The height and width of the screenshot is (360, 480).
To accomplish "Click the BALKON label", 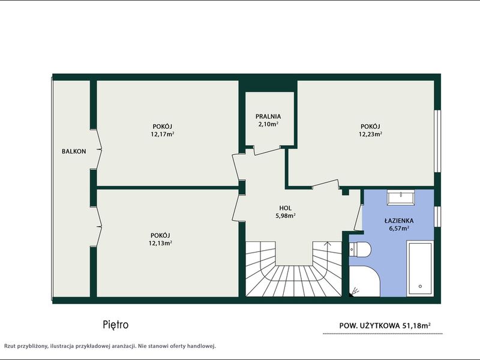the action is [74, 151].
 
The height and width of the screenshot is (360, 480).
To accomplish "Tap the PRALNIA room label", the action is [268, 116].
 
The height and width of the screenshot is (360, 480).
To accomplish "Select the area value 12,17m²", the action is [163, 134].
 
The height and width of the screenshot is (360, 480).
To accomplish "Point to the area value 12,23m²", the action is [370, 134].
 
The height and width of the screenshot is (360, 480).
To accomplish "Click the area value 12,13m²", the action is [160, 243].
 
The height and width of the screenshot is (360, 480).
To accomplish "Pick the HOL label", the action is [286, 208].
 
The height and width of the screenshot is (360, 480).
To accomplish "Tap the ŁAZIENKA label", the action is [399, 221].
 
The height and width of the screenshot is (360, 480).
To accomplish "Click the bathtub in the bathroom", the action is [420, 268].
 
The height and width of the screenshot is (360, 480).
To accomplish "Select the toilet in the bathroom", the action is [360, 250].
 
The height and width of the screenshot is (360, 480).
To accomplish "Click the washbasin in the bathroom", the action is [401, 197].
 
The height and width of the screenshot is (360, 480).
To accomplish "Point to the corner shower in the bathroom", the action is [364, 280].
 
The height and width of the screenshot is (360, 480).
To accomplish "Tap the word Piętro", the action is [116, 325].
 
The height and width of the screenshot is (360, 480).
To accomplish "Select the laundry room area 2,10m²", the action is [268, 124].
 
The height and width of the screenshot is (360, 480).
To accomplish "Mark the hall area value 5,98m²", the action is [286, 215].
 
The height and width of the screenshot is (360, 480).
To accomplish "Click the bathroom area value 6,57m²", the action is [399, 229].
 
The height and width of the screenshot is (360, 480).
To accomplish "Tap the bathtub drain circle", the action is [420, 287].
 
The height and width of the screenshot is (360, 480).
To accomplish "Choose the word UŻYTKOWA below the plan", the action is [380, 325].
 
